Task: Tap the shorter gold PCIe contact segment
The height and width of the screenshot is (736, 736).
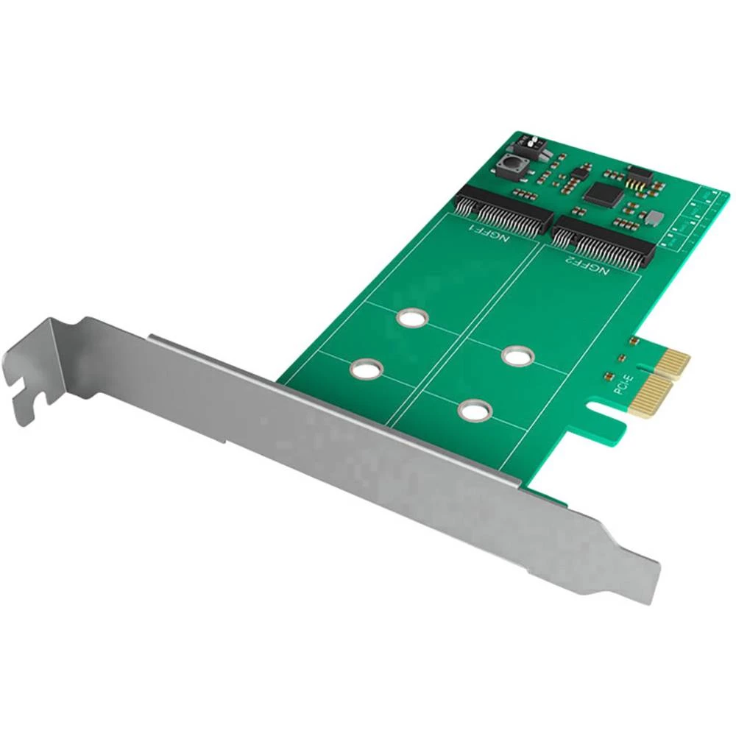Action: tap(672, 361)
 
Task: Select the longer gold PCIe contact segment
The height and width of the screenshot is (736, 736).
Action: tap(652, 395)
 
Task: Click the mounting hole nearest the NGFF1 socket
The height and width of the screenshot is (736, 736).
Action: tap(410, 318)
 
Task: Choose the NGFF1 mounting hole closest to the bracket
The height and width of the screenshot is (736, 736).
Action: tap(366, 369)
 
